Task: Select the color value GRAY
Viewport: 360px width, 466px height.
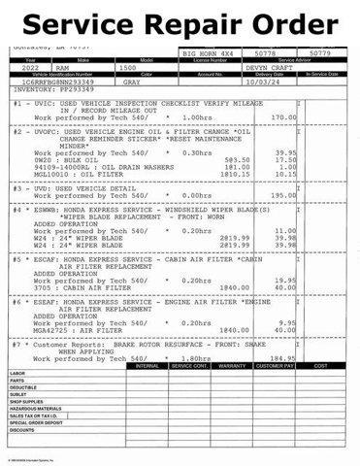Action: (x=133, y=83)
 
